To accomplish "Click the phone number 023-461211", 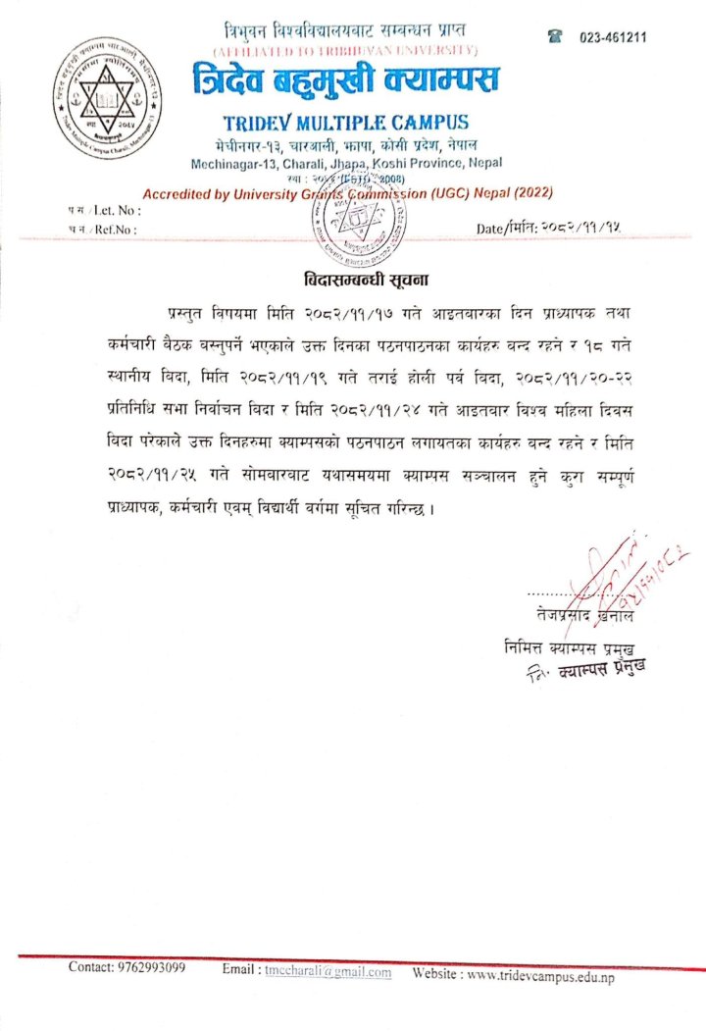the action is pyautogui.click(x=613, y=37).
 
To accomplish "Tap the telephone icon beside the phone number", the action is pyautogui.click(x=555, y=36).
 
